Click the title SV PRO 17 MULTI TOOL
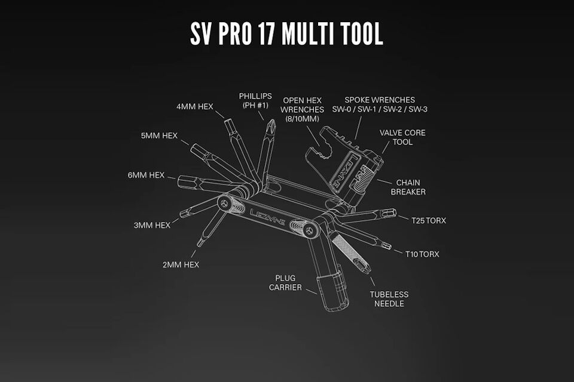(286, 33)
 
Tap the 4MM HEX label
(195, 107)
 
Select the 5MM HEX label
(159, 135)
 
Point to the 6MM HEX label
(146, 175)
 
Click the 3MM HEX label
(152, 225)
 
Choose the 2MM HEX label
(181, 264)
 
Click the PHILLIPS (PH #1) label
(255, 100)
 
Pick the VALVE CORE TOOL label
(402, 137)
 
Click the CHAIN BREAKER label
(408, 187)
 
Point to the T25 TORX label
(429, 220)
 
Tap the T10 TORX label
(422, 254)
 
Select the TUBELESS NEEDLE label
(389, 299)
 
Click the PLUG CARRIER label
(286, 283)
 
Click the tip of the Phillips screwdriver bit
(272, 120)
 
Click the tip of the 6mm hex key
(179, 181)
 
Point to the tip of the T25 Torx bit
(395, 212)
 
